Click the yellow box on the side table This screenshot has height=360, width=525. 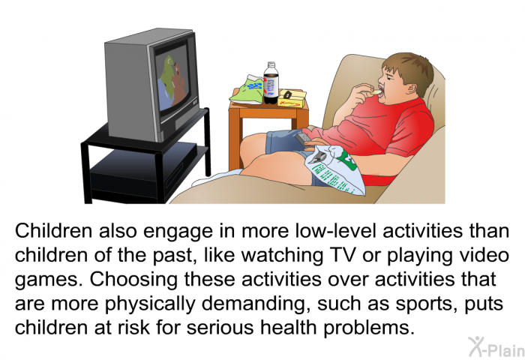click(x=292, y=98)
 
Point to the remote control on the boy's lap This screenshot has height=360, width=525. click(x=302, y=139)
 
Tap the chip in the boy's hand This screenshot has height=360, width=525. click(x=376, y=91)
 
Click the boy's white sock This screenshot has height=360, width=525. click(x=217, y=178)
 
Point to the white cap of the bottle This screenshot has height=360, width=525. click(x=271, y=64)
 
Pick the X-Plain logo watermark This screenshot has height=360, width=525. click(x=496, y=347)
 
